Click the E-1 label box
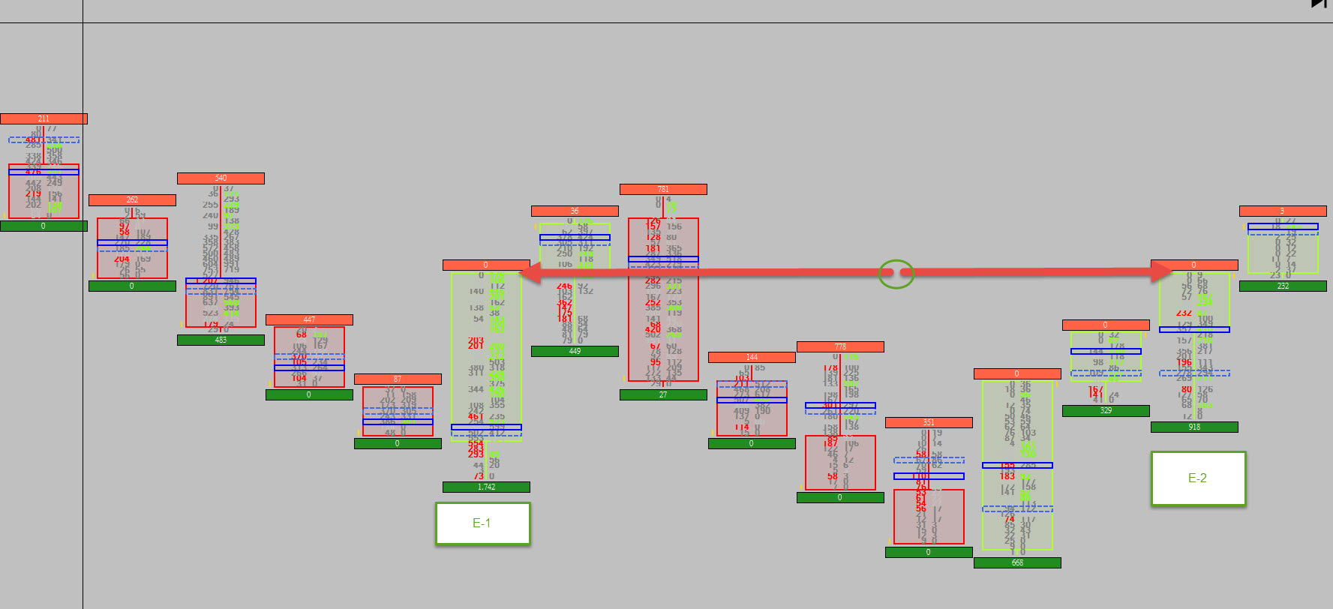482,523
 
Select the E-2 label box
1198,478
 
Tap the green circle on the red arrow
896,274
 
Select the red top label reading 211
44,118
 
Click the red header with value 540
221,178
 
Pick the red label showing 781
663,190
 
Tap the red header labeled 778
840,347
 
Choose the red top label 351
929,423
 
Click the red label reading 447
309,320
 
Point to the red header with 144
752,358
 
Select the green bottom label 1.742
486,487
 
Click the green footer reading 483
221,340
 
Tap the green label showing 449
575,351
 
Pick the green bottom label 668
1017,563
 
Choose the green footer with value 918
1194,427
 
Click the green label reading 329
1106,411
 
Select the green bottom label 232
1283,286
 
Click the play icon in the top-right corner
1319,4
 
